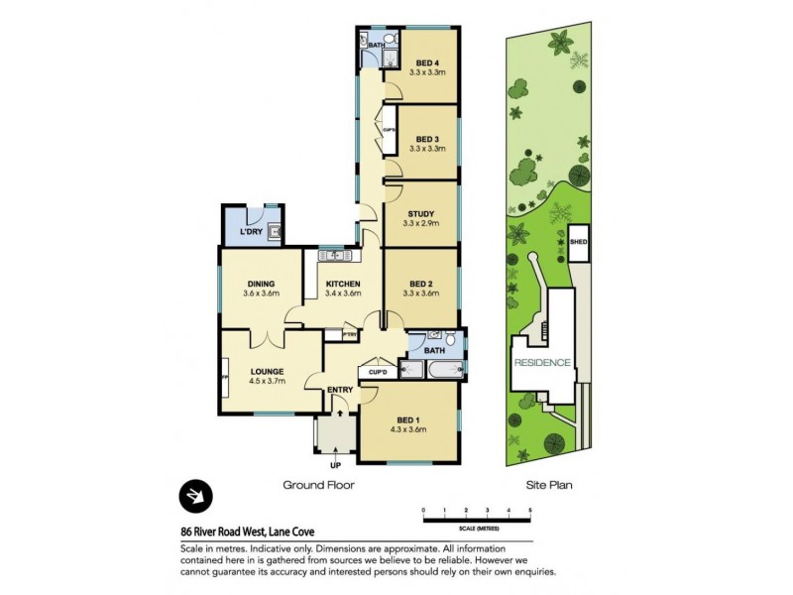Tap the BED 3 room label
point(427,139)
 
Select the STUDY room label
point(427,213)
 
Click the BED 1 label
point(408,419)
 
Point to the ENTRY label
point(340,390)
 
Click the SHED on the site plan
point(578,239)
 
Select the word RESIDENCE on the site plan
point(542,363)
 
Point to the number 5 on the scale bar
point(530,509)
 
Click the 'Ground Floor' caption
point(319,486)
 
